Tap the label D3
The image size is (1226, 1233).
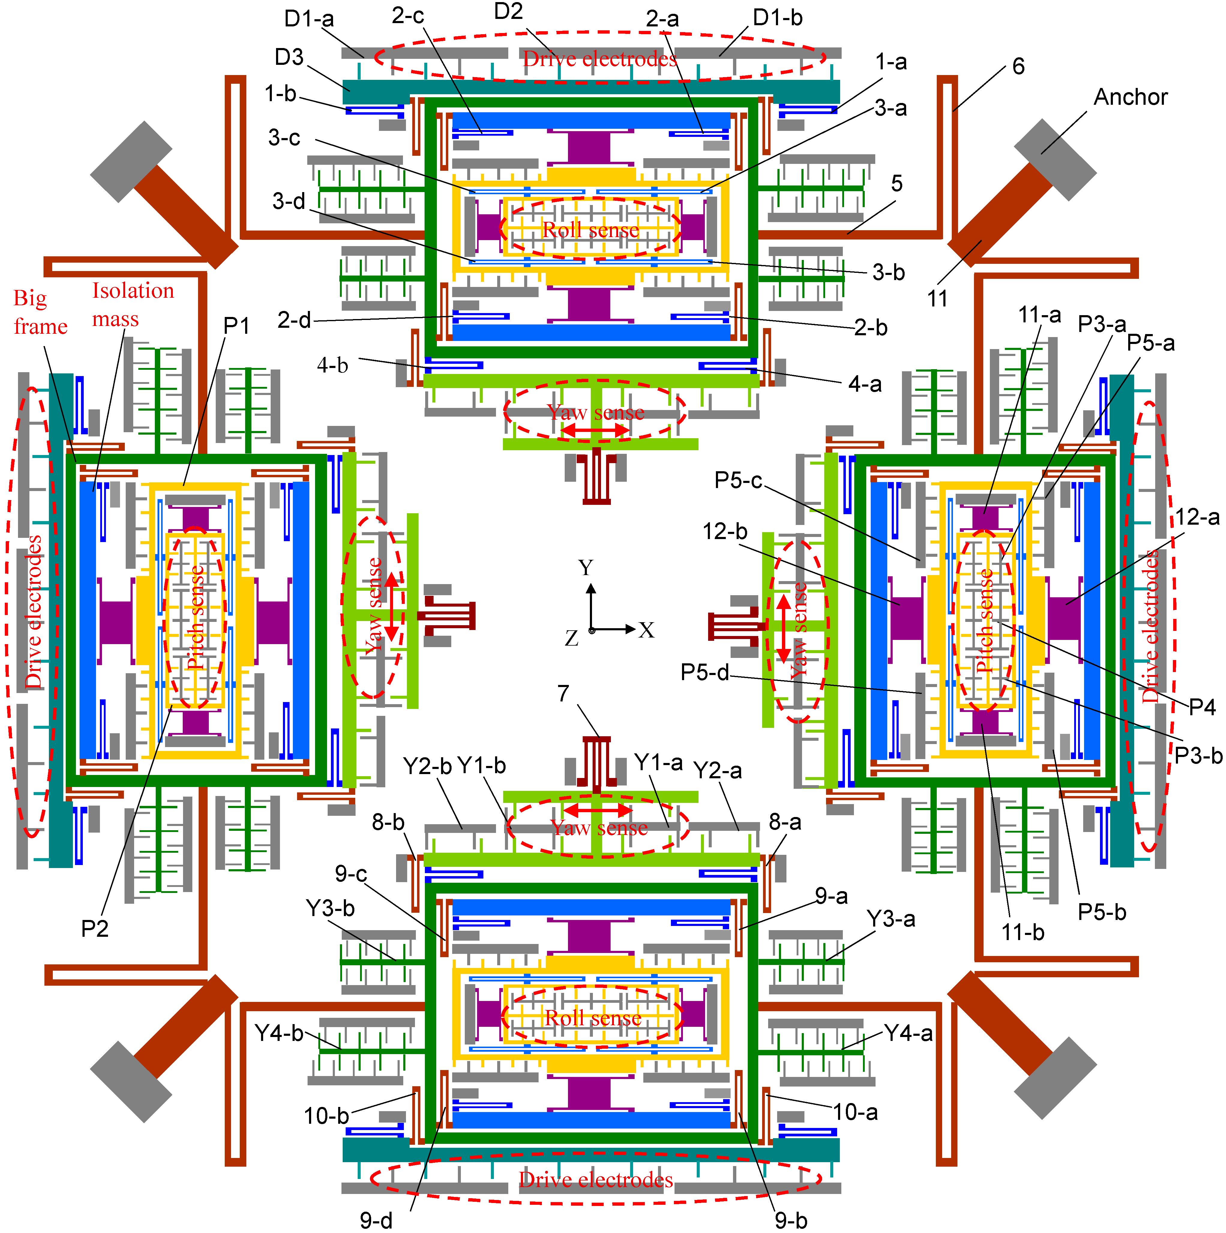[x=289, y=57]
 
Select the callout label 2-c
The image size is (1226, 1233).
[x=407, y=15]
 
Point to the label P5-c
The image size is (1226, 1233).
[x=738, y=480]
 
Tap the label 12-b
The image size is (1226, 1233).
[x=725, y=531]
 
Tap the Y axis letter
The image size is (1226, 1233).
[x=586, y=567]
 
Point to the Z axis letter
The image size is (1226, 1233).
[x=572, y=638]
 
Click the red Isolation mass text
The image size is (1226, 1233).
[x=133, y=304]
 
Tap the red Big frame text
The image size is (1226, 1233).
[x=40, y=312]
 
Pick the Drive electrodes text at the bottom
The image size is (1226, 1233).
[x=596, y=1179]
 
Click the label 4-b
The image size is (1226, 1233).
[x=332, y=365]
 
